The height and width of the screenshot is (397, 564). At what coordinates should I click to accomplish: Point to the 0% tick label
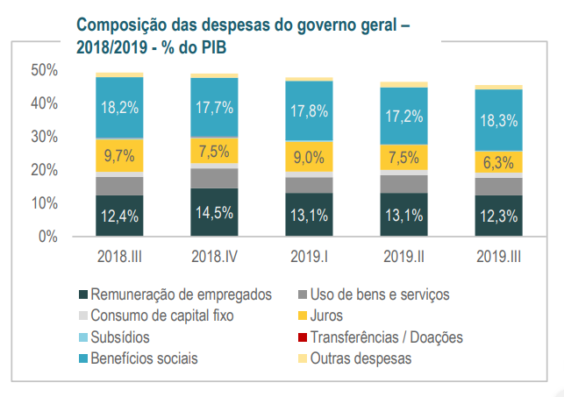47,237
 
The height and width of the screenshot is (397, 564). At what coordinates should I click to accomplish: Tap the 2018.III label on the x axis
119,258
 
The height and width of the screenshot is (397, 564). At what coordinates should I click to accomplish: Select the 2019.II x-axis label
403,258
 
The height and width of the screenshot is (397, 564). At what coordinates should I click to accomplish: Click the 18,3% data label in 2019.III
498,122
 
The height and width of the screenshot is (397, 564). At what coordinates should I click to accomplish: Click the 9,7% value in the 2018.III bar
119,157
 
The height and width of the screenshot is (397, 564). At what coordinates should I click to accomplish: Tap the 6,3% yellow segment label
498,162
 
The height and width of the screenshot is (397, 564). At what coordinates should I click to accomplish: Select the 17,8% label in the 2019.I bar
309,111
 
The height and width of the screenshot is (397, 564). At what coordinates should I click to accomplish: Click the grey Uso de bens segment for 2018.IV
214,177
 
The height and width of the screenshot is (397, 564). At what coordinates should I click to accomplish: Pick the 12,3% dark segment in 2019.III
498,216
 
